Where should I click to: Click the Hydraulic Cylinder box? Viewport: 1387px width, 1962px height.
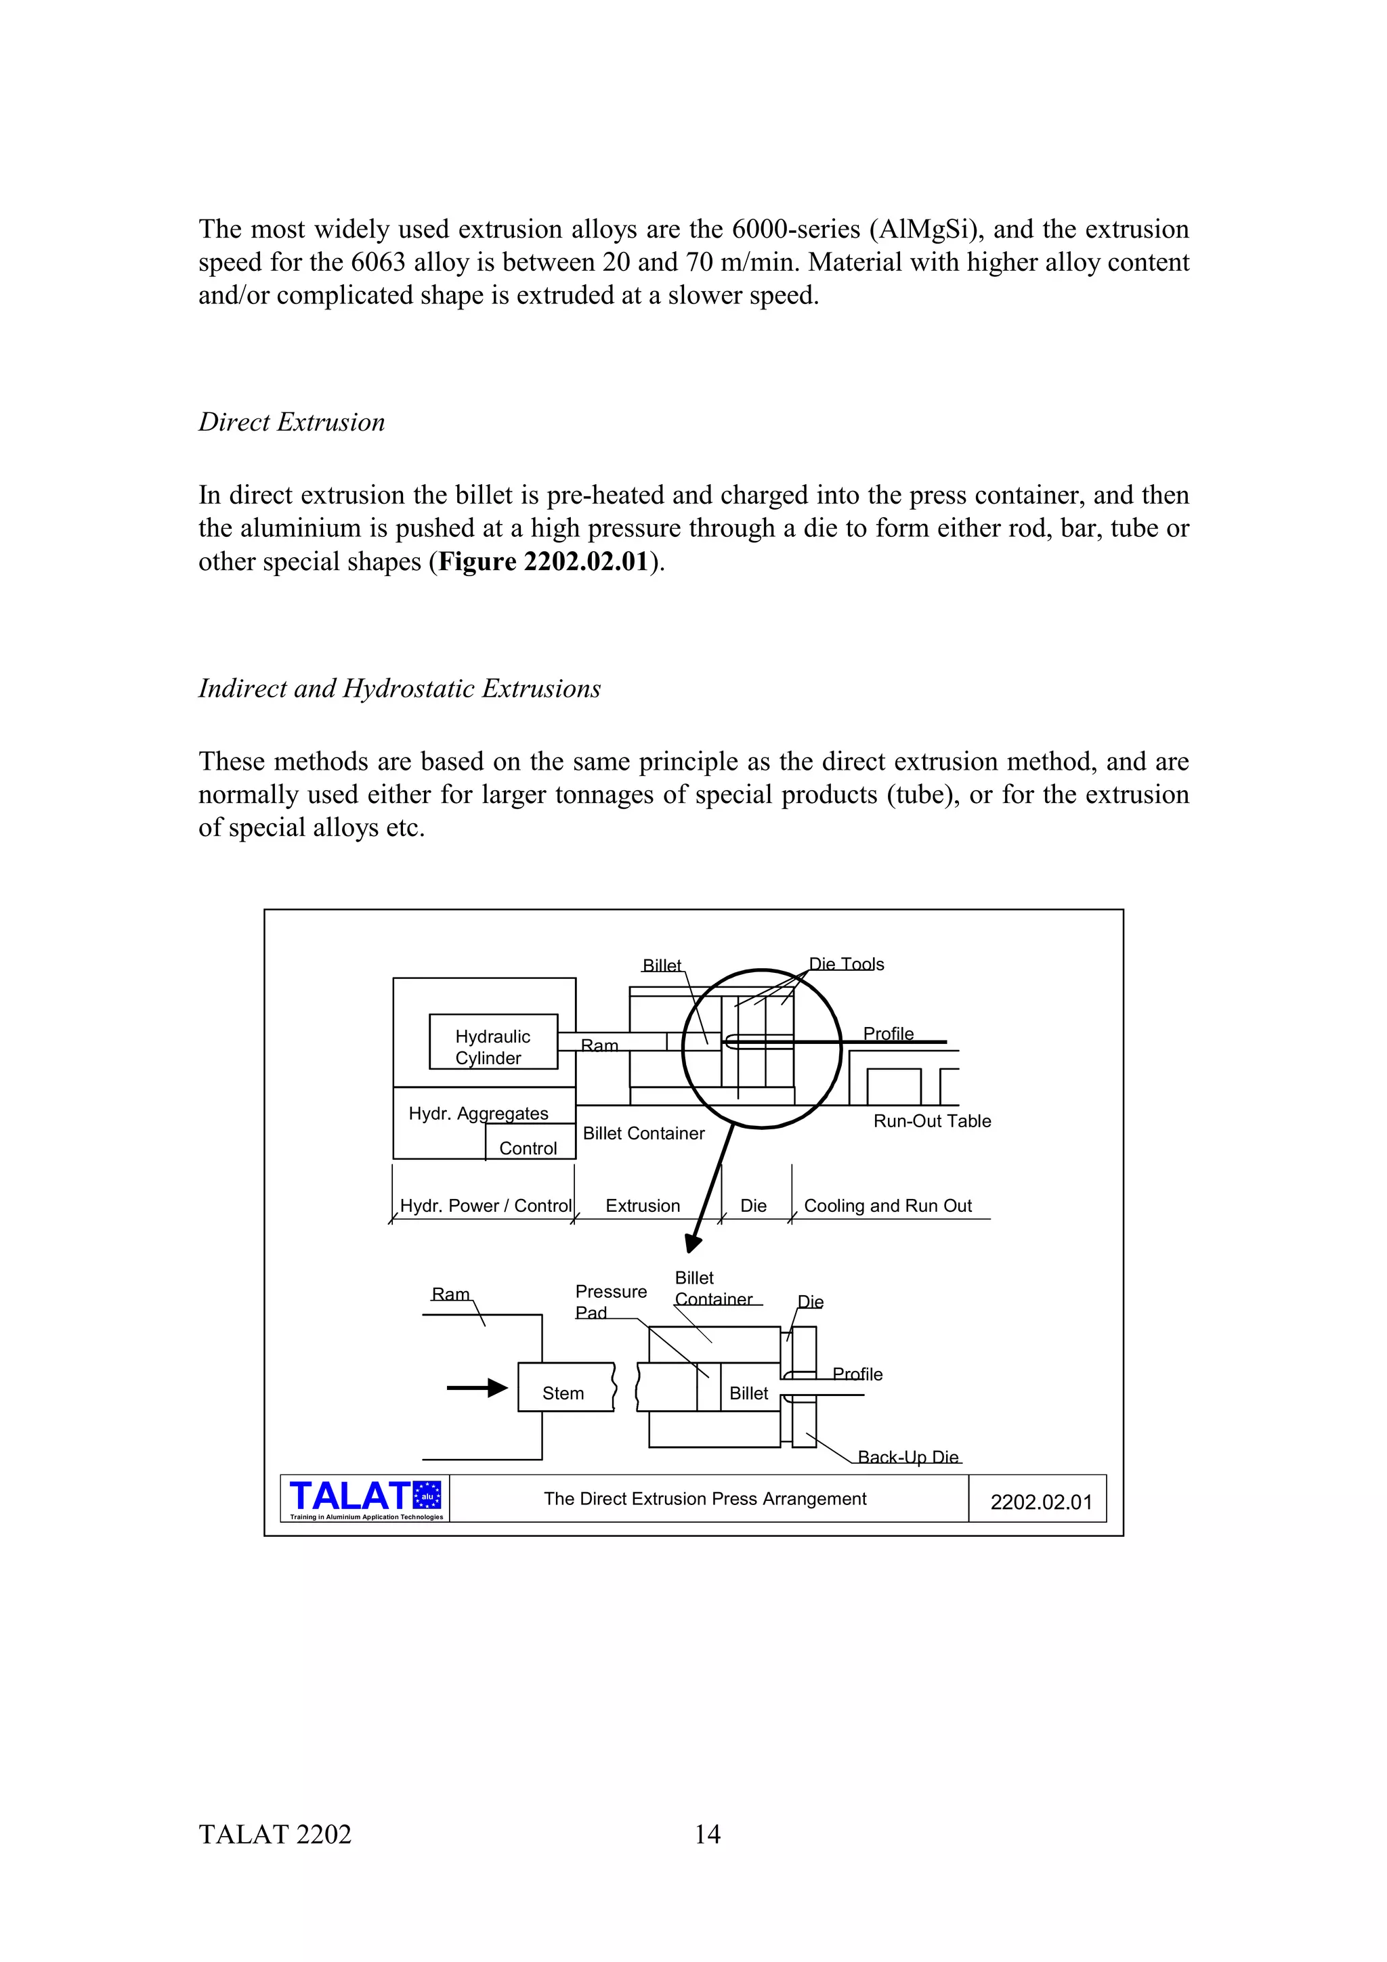(x=493, y=1041)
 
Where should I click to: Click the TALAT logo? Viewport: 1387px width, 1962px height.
(x=365, y=1499)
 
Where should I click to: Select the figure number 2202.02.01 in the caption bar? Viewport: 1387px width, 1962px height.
(x=1040, y=1502)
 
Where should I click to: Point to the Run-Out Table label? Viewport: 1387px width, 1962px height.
(x=931, y=1121)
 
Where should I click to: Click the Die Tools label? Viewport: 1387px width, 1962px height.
(x=846, y=964)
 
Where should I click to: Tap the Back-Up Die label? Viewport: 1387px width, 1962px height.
(x=908, y=1457)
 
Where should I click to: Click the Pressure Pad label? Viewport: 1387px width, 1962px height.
(x=610, y=1301)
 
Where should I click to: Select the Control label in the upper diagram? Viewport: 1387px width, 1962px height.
(x=528, y=1148)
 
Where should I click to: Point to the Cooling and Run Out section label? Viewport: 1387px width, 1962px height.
(x=887, y=1206)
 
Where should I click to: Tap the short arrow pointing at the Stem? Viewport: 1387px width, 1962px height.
(x=477, y=1388)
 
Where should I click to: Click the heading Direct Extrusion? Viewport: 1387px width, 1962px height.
(x=291, y=422)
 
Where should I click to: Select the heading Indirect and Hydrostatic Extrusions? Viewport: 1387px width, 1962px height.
(x=399, y=689)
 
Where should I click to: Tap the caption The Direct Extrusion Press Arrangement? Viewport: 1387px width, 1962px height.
(x=705, y=1499)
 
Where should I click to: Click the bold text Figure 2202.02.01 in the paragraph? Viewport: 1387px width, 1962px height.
(x=542, y=561)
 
